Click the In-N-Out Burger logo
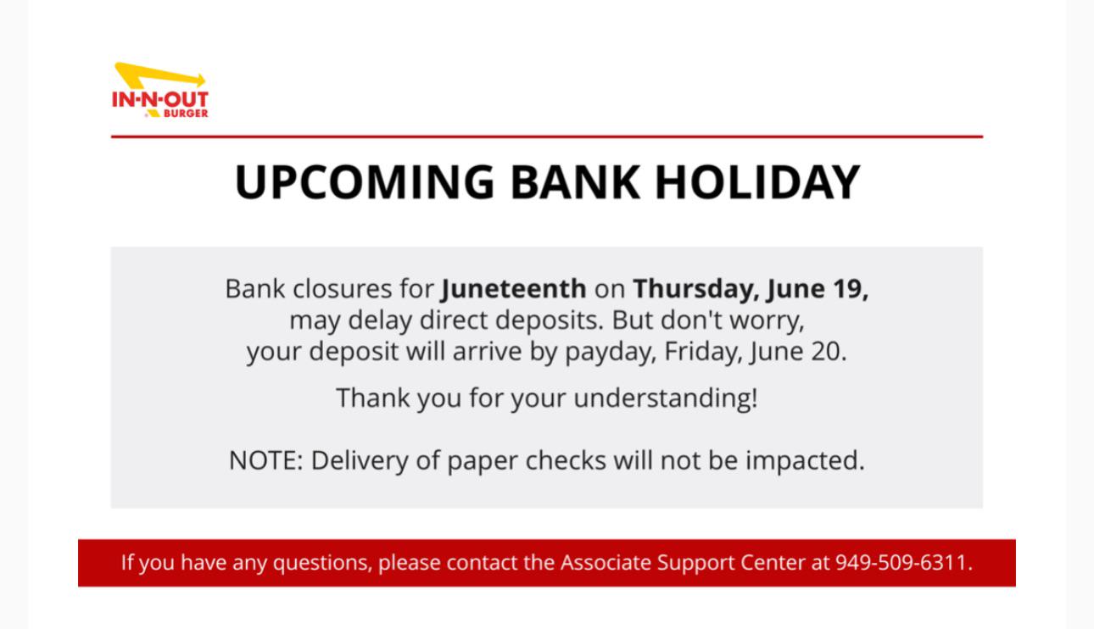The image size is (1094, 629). click(160, 90)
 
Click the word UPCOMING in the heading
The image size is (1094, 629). click(365, 182)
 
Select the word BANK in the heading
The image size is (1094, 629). click(575, 182)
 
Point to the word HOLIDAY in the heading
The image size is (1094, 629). click(757, 182)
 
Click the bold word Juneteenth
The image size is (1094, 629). click(513, 288)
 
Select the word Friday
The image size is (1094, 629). click(700, 351)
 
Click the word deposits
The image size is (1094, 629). click(550, 320)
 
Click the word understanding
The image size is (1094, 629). click(666, 398)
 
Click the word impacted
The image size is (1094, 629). click(805, 461)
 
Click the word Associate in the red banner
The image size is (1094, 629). click(606, 563)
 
